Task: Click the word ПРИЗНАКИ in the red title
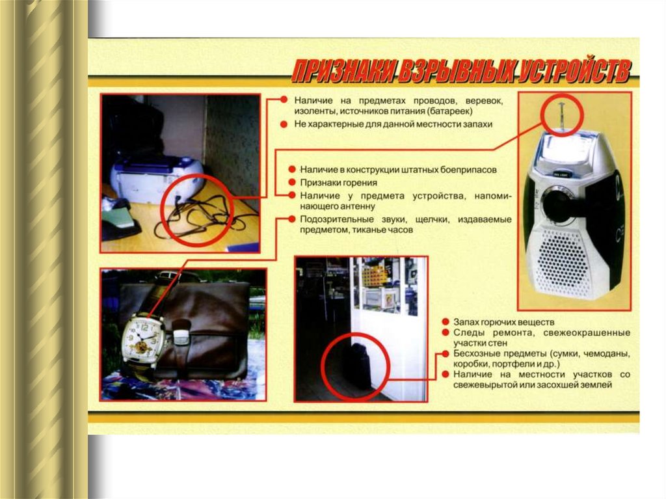(x=343, y=70)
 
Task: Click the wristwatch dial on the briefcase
(x=142, y=338)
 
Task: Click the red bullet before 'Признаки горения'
(x=292, y=182)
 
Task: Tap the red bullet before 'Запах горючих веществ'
(x=445, y=322)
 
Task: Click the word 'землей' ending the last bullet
(x=597, y=385)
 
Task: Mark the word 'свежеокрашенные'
(x=587, y=332)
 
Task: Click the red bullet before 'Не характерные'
(x=284, y=124)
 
